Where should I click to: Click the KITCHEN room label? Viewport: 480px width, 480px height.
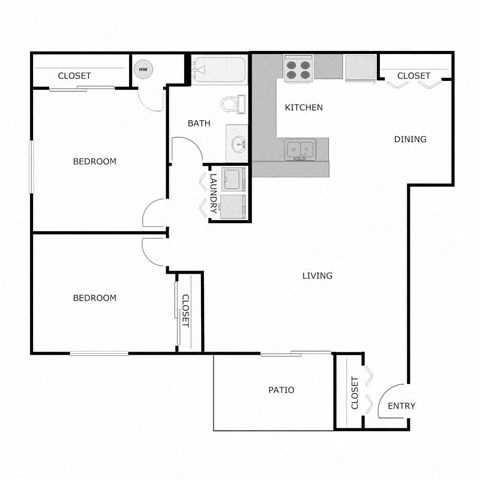click(304, 107)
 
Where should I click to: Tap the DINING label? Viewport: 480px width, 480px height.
click(410, 139)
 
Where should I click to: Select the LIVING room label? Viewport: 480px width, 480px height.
click(317, 276)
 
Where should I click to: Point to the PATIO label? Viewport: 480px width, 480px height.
click(280, 390)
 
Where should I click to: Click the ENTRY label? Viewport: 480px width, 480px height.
click(401, 406)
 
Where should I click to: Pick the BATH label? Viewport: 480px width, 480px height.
click(198, 124)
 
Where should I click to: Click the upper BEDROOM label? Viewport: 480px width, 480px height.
click(95, 162)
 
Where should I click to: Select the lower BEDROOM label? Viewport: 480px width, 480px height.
click(95, 298)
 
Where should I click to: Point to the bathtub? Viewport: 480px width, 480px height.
click(219, 71)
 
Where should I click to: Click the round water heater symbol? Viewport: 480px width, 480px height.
click(144, 70)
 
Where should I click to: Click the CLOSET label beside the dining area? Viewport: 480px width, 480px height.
click(413, 76)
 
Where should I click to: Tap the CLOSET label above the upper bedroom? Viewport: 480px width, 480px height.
click(74, 76)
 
